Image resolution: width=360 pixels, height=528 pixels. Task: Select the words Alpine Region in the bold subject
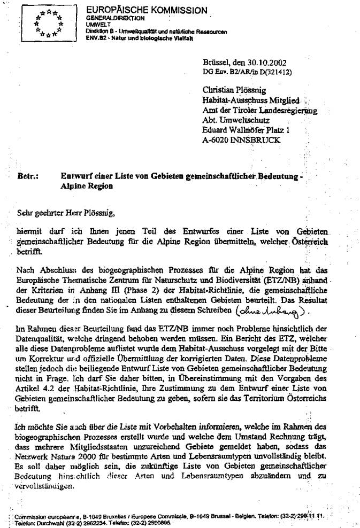point(87,187)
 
